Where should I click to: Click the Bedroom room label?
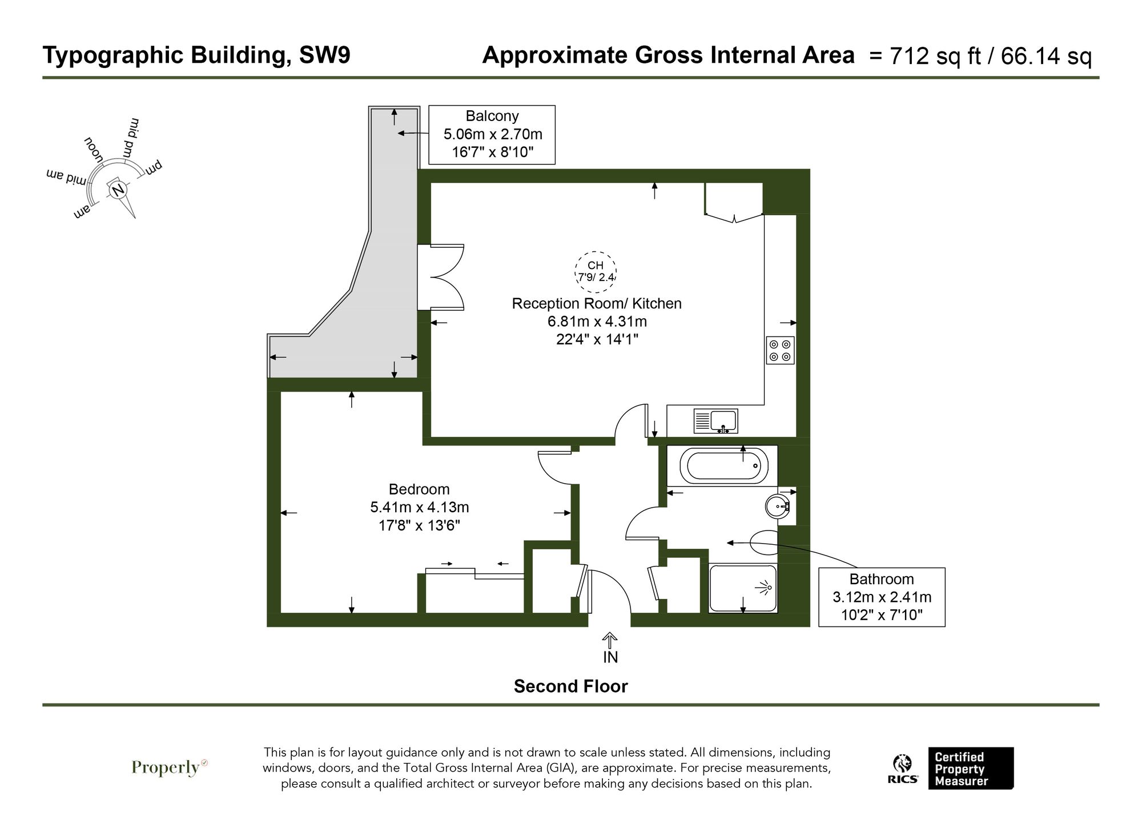coord(419,489)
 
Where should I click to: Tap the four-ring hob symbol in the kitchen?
coord(780,350)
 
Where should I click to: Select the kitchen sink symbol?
coord(715,421)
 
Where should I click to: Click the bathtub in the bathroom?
coord(722,465)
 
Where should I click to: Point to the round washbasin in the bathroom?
coord(777,506)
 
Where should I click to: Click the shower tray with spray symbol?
coord(743,588)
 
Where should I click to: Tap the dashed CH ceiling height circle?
coord(596,271)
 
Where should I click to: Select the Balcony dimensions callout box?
coord(492,135)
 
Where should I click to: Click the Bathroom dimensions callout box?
coord(881,597)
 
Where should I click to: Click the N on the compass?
coord(118,190)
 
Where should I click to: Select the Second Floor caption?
coord(570,686)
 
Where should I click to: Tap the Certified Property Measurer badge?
coord(970,769)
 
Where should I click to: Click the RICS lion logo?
coord(903,769)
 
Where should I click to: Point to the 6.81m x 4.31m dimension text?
coord(597,321)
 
